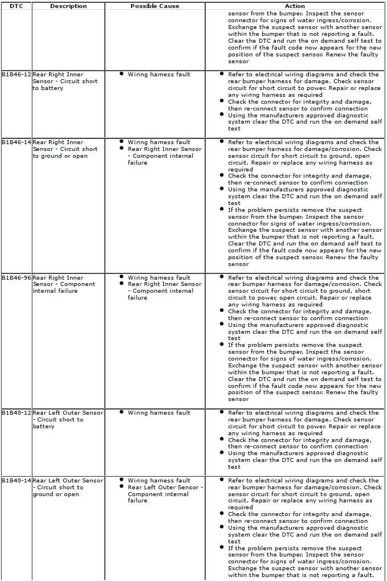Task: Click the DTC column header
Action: (16, 6)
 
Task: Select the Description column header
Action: (68, 6)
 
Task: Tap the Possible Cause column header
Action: (154, 6)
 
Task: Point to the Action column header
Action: (295, 6)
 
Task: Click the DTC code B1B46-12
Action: (17, 75)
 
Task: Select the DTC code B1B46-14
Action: (17, 142)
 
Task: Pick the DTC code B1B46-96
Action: (17, 278)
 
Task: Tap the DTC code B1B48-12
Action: (17, 413)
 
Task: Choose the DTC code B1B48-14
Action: (17, 481)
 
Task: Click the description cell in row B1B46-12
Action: (66, 81)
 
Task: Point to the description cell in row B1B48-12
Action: (68, 420)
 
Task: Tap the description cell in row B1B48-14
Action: (68, 488)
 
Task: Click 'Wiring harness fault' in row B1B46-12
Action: (159, 75)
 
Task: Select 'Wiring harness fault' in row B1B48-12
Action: (159, 413)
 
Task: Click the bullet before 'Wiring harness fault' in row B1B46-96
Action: (122, 277)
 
